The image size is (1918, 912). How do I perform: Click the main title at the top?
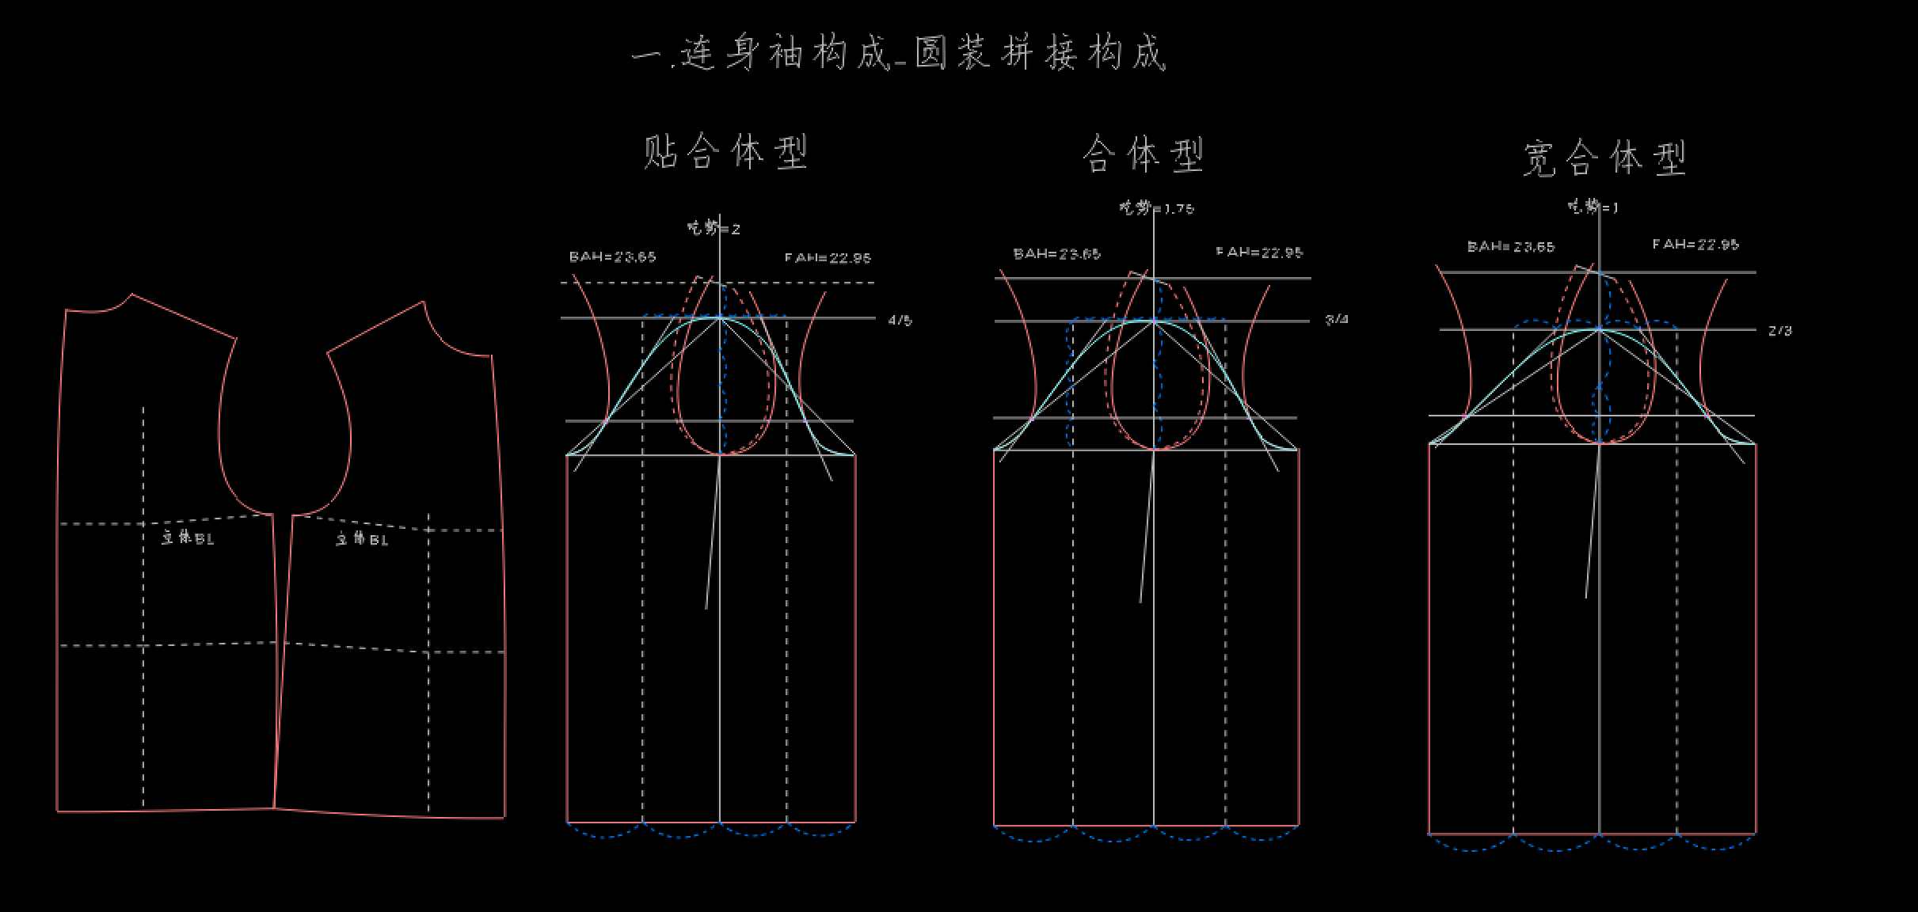[899, 54]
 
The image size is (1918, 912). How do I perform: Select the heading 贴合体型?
[725, 151]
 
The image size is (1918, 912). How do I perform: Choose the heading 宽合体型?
[1604, 158]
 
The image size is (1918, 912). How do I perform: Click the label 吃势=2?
[714, 229]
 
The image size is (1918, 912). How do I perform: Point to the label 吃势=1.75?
[1156, 208]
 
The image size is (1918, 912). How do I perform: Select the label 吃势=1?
[1593, 207]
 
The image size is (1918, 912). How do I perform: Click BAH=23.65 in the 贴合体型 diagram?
[612, 256]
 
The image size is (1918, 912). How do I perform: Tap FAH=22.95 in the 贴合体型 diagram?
[828, 257]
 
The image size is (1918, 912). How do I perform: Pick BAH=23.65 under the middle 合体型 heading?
[1056, 254]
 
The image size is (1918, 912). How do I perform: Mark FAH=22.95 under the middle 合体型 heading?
[1259, 253]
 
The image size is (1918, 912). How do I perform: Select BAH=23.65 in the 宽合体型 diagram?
[1510, 246]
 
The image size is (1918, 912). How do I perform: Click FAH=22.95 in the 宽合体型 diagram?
[1695, 244]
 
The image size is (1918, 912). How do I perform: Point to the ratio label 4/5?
[900, 321]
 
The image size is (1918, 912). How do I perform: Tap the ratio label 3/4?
[1337, 320]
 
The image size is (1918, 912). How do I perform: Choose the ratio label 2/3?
[1779, 331]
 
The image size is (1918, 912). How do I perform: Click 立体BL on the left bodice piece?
[188, 538]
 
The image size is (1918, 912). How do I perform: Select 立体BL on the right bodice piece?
[362, 539]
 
